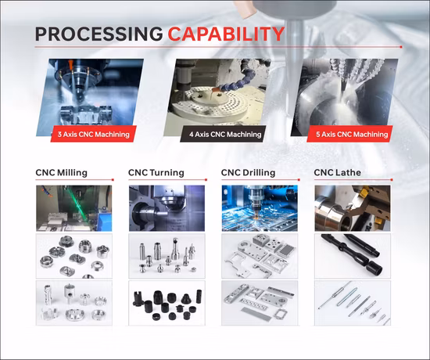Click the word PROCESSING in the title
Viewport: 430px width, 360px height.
[x=99, y=34]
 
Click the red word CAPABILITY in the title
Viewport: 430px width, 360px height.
[x=226, y=34]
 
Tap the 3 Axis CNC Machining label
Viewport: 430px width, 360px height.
[x=94, y=135]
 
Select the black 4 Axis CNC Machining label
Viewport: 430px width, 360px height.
[x=224, y=135]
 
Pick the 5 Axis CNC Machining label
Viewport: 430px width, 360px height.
[x=350, y=135]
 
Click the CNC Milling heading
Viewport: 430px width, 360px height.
[x=62, y=173]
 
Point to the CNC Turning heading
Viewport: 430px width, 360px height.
[x=156, y=173]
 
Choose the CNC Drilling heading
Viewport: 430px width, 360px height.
[x=248, y=173]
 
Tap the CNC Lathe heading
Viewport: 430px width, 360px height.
[x=337, y=173]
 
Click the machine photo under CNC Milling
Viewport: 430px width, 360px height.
[x=74, y=208]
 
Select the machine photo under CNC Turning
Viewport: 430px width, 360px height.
[x=167, y=208]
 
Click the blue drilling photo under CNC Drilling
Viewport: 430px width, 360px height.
[x=260, y=208]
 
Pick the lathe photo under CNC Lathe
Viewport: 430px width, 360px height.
[x=353, y=208]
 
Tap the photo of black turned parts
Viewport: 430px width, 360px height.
[x=167, y=303]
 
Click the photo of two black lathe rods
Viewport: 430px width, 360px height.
[x=353, y=256]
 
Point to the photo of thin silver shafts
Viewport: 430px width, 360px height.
[x=353, y=303]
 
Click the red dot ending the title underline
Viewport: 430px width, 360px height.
[x=401, y=47]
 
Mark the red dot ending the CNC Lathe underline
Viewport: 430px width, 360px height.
[x=392, y=179]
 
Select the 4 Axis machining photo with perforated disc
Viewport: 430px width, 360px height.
[x=217, y=97]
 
